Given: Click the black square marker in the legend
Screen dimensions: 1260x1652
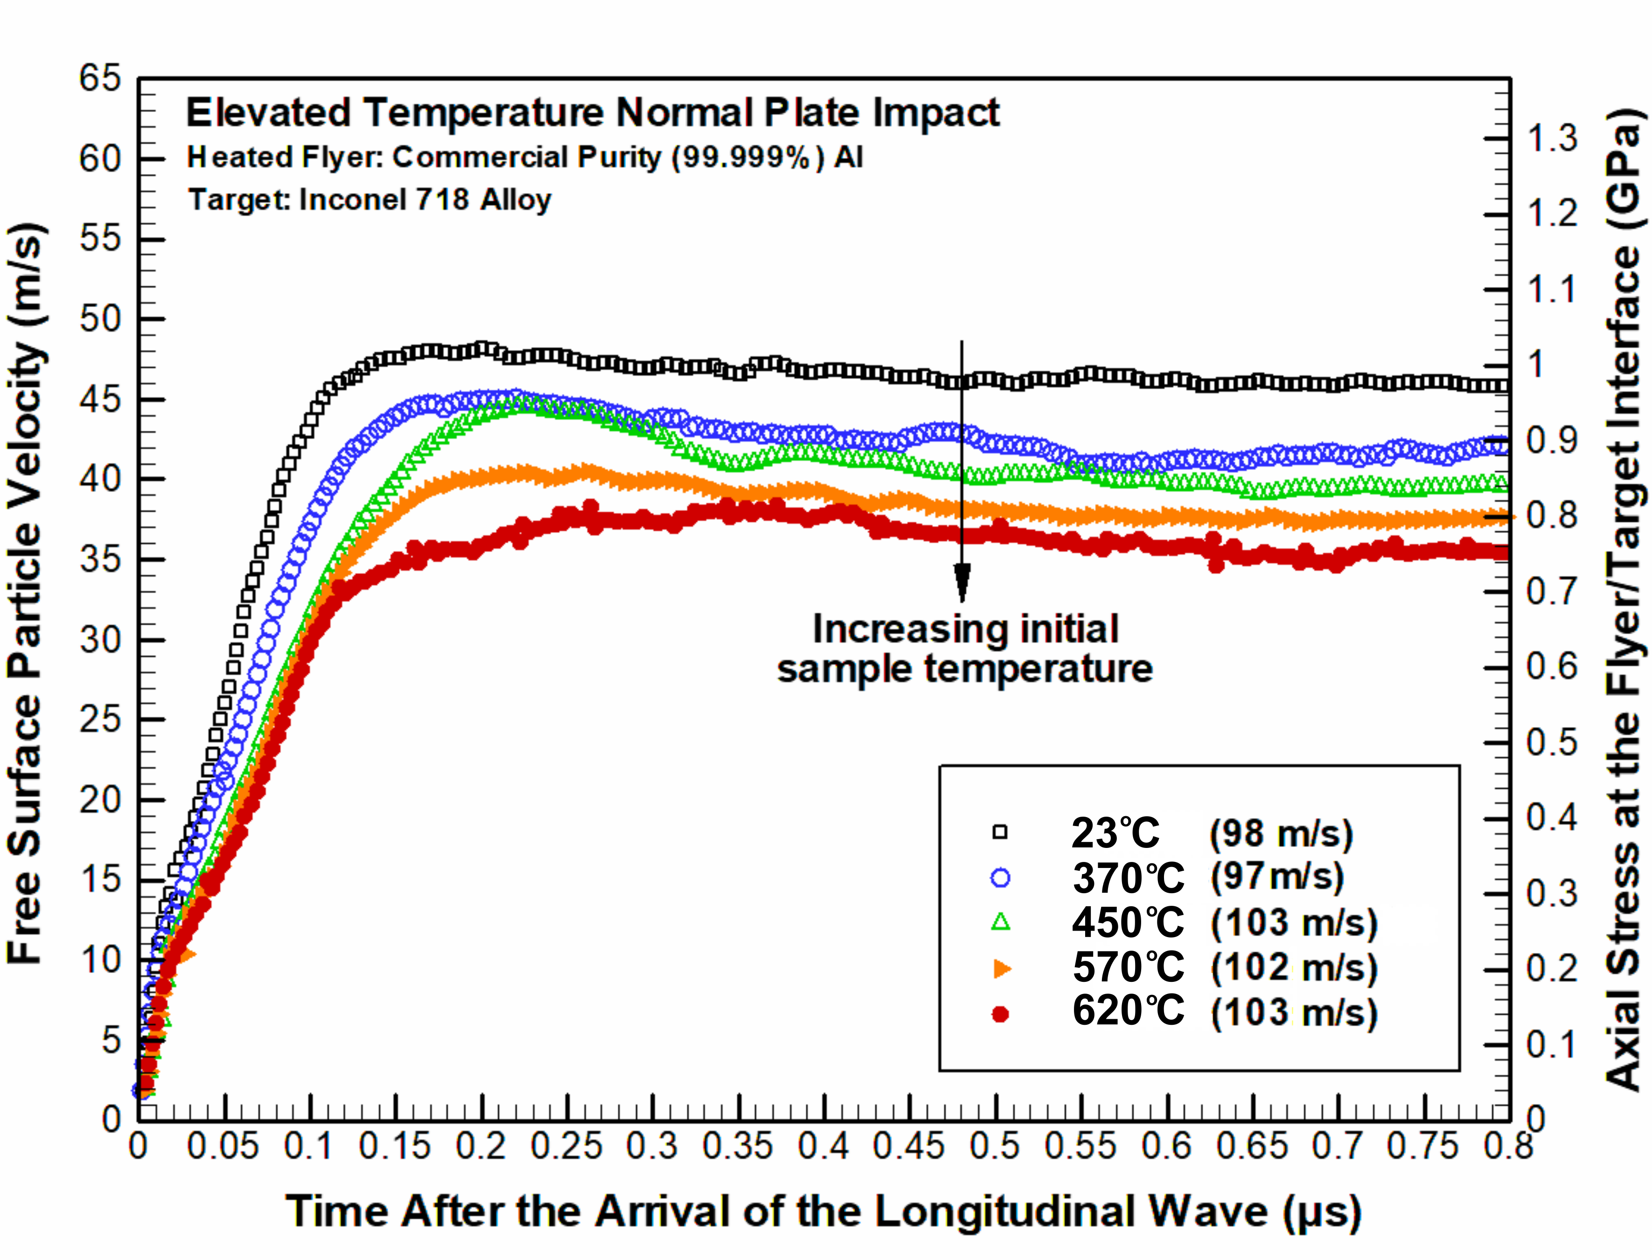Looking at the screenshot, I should (x=1000, y=832).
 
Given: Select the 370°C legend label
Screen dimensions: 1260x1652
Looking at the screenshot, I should (x=1128, y=877).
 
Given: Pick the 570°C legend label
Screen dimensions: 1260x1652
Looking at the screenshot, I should (x=1128, y=967).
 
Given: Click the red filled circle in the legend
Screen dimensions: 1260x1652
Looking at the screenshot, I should (x=1000, y=1014).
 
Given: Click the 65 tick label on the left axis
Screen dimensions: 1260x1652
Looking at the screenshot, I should (x=100, y=78).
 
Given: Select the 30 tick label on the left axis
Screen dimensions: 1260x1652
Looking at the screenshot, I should (x=100, y=640).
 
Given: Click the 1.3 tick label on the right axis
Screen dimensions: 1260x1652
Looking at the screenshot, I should (x=1552, y=139).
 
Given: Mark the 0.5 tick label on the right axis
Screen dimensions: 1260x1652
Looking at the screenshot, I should (x=1552, y=742).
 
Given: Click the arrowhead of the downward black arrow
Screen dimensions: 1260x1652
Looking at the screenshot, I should (x=962, y=582).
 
